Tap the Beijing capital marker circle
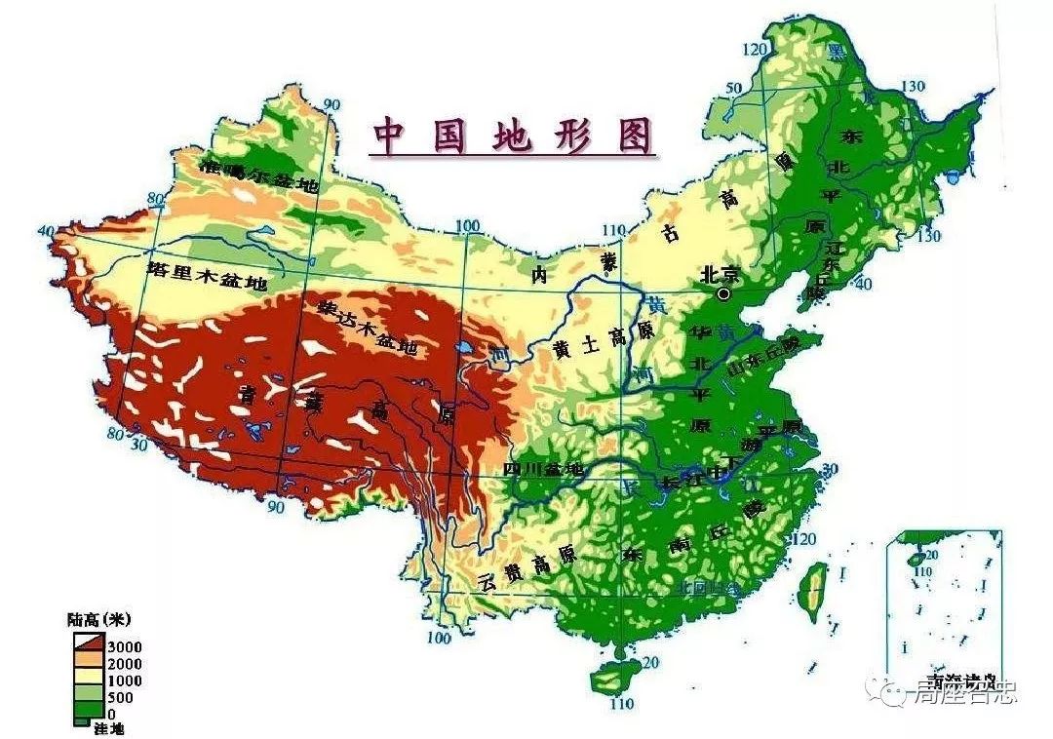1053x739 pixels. [723, 292]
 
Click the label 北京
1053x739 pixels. [721, 274]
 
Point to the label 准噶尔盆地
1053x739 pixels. [259, 175]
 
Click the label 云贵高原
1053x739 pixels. [527, 567]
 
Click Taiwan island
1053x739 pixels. [812, 591]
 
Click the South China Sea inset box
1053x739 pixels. [943, 604]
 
